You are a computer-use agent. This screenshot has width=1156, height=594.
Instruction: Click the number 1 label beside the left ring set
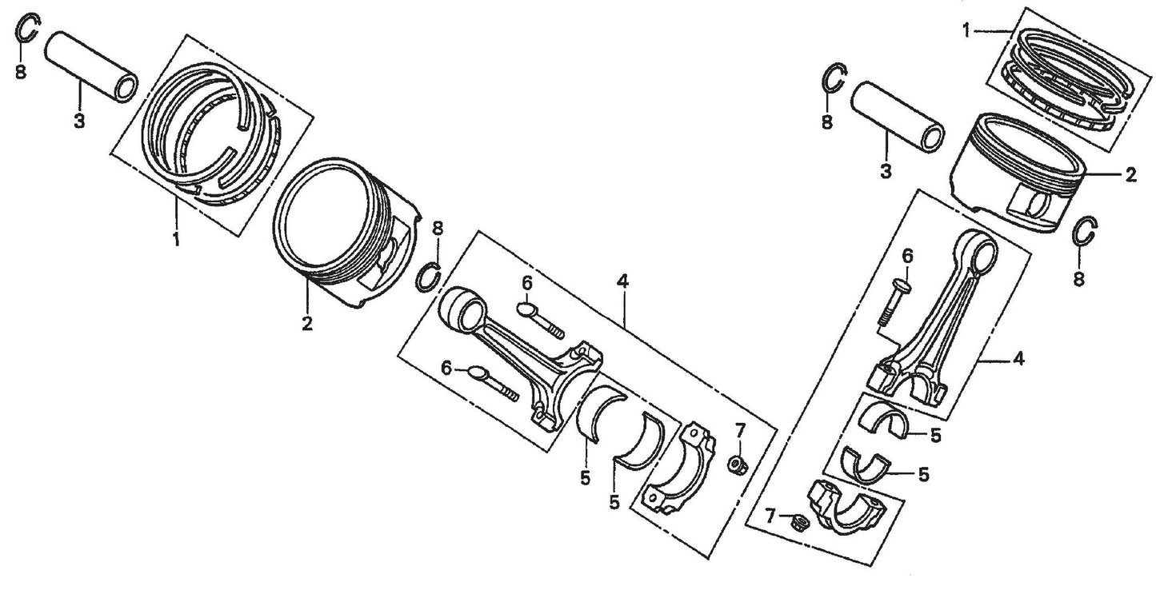[x=176, y=238]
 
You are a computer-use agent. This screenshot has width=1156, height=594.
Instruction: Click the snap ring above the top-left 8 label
[x=28, y=30]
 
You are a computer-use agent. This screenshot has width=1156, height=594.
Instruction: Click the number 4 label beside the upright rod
[x=1018, y=360]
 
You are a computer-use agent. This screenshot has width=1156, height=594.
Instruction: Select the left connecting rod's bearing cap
[x=682, y=472]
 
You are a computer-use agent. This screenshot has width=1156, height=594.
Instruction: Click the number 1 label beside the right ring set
[x=966, y=30]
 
